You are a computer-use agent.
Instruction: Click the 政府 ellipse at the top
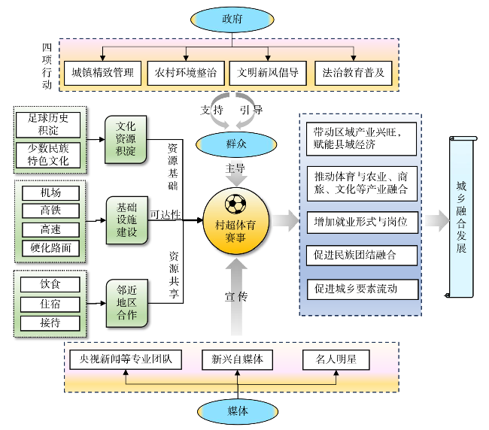238,19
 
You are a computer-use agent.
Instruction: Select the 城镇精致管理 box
102,73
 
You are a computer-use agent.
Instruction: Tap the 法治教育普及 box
354,73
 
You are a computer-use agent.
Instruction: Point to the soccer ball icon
235,203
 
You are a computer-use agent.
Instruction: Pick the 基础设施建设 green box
126,221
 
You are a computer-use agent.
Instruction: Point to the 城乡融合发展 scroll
461,217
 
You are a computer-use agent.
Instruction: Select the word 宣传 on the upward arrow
236,296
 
